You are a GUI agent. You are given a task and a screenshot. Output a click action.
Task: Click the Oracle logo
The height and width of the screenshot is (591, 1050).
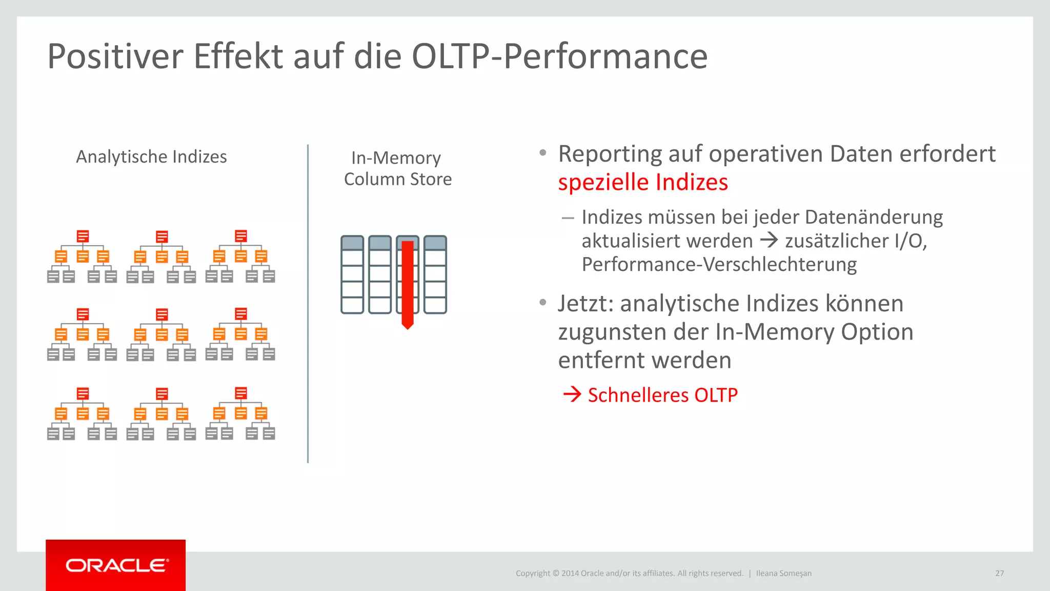click(116, 565)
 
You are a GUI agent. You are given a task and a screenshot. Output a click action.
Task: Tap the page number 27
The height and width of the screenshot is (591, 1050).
click(999, 573)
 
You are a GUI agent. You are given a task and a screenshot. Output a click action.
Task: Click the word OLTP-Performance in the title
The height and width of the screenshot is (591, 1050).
click(559, 56)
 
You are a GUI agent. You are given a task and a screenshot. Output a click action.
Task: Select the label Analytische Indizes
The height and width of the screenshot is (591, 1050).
click(151, 156)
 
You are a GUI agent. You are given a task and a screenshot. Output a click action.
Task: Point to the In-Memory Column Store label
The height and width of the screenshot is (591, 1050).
click(397, 168)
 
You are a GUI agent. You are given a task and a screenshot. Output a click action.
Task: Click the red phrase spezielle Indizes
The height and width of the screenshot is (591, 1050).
click(643, 182)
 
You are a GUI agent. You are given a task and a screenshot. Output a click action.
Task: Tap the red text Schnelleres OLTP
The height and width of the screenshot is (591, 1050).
click(662, 395)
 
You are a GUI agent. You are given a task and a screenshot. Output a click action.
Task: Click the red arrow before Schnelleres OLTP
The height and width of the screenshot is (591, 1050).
click(572, 394)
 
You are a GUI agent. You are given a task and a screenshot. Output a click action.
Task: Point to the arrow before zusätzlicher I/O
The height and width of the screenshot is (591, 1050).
click(769, 240)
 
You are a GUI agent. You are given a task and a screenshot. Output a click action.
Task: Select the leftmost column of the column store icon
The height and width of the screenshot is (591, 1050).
click(352, 274)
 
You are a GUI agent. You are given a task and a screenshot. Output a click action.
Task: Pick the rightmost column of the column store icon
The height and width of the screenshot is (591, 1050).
click(435, 274)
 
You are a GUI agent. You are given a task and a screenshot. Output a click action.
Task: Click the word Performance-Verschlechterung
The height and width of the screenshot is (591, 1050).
click(719, 264)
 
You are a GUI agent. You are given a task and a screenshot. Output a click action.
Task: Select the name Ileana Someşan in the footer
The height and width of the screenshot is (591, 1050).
click(783, 573)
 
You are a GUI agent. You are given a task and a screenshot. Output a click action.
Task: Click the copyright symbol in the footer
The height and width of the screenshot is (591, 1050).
click(555, 573)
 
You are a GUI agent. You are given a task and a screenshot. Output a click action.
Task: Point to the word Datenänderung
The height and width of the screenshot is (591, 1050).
click(874, 217)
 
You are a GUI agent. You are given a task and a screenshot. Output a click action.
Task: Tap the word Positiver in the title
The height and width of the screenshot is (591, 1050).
click(115, 56)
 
